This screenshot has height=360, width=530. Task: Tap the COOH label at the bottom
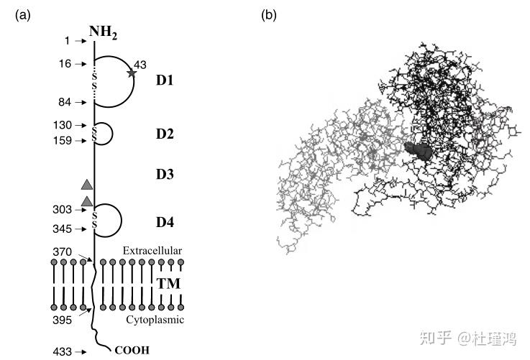[131, 351]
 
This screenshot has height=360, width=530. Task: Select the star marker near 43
[131, 73]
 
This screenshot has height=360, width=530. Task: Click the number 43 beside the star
[141, 65]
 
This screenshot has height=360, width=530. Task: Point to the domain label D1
[165, 80]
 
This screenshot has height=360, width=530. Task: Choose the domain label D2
[165, 134]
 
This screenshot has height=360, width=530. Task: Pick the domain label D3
[165, 174]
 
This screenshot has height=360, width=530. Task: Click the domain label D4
[165, 221]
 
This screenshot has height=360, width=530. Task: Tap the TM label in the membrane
[168, 284]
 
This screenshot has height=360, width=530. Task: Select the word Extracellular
[152, 250]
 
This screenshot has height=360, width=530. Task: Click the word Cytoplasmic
[154, 319]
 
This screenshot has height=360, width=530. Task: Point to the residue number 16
[65, 64]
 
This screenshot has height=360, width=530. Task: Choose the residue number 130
[63, 125]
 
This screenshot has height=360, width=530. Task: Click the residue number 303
[63, 210]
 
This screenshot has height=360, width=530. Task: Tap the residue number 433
[63, 351]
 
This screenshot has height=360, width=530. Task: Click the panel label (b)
[268, 14]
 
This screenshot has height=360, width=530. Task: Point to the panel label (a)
[22, 14]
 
